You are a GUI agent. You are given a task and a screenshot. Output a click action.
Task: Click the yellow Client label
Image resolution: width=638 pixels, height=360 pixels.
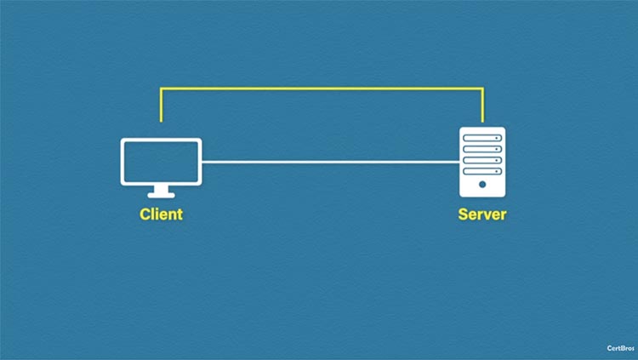(161, 214)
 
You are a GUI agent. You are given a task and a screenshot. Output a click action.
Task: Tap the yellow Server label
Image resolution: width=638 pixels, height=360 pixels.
(482, 214)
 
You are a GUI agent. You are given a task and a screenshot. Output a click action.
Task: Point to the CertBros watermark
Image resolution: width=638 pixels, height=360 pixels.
(620, 348)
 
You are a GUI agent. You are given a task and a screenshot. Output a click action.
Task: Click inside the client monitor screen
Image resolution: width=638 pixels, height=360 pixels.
(161, 162)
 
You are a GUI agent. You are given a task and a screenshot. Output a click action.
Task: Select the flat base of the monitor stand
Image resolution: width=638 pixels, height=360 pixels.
(161, 196)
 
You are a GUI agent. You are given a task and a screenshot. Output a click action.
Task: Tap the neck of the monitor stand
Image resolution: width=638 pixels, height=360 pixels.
(161, 189)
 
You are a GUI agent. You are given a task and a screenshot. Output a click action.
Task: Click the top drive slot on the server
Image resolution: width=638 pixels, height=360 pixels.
(482, 138)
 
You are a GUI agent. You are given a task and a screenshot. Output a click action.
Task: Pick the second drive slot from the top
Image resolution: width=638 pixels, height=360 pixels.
(482, 149)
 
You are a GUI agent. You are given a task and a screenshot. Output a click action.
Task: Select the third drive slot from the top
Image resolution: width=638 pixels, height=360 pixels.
(482, 160)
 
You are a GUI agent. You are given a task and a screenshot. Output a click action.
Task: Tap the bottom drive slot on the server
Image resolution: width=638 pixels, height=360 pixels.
(482, 171)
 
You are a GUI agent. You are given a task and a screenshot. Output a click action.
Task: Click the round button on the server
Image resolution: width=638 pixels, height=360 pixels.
(482, 185)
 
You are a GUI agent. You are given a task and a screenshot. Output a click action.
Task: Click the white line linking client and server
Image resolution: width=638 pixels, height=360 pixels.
(330, 162)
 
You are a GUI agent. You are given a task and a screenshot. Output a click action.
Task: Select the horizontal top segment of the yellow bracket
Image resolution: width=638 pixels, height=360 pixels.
(322, 88)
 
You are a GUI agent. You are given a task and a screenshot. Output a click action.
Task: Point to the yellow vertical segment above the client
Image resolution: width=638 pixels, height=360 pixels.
(161, 105)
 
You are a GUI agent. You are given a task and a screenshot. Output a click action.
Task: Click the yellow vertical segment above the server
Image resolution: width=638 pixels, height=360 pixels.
(482, 105)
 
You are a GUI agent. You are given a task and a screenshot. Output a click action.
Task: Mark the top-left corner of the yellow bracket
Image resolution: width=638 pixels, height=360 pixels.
(161, 88)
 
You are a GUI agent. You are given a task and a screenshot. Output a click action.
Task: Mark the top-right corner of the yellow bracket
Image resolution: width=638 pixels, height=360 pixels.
(482, 88)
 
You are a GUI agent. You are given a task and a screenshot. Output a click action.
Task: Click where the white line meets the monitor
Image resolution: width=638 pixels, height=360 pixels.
(202, 162)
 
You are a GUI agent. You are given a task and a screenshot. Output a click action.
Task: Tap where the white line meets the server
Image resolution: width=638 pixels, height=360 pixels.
(459, 162)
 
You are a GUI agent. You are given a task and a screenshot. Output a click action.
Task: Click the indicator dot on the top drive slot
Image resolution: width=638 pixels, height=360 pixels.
(497, 138)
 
